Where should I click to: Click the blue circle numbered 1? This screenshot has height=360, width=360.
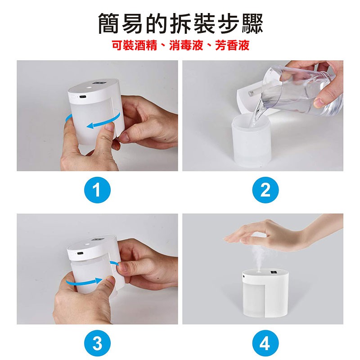point(97,190)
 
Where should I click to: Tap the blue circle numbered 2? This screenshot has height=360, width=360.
point(265,190)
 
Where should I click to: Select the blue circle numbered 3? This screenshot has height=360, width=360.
point(97,343)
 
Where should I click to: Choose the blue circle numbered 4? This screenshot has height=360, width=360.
point(265,343)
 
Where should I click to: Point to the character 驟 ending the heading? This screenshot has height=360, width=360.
point(252,23)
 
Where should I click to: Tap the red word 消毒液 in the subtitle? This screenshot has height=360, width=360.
point(186,45)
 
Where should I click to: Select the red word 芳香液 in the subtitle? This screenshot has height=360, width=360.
point(232,45)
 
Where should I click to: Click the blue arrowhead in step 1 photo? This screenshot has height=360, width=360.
point(91,126)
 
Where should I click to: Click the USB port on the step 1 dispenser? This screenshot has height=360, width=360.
point(82,97)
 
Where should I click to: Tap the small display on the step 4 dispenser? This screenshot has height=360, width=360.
point(274,273)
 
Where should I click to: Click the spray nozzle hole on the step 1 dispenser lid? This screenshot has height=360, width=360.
point(88,87)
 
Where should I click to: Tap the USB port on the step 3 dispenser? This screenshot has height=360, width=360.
point(80,253)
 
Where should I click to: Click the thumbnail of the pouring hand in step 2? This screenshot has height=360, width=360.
point(318,103)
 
